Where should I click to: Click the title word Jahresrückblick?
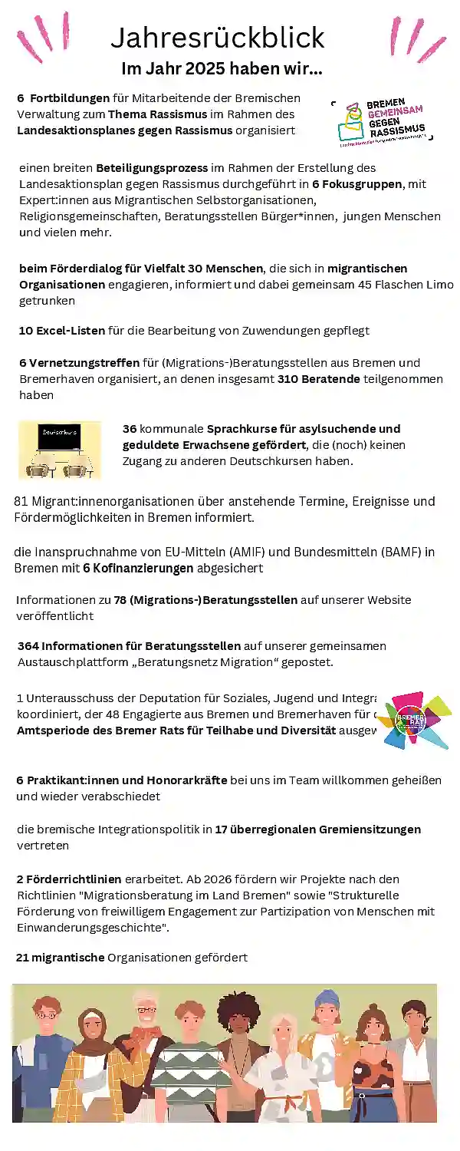point(218,37)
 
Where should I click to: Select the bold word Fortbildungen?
point(70,98)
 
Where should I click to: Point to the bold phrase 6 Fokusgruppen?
point(358,184)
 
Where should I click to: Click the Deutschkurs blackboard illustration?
point(60,450)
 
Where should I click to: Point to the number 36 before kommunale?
point(130,429)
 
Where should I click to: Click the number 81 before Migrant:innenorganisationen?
point(21,502)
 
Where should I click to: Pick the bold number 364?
point(28,646)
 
